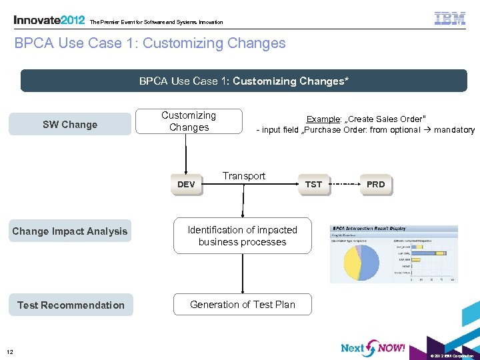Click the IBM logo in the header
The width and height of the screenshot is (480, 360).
tap(450, 19)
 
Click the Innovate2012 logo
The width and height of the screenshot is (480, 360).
tap(49, 20)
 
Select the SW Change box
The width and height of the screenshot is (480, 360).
tap(70, 125)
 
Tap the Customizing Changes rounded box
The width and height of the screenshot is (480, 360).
tap(189, 121)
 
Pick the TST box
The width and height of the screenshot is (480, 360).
tap(313, 184)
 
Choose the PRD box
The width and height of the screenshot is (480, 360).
tap(376, 184)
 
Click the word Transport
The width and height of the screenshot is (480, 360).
tap(244, 176)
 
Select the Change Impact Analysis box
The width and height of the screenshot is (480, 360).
tap(70, 231)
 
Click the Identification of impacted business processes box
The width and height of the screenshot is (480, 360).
tap(243, 236)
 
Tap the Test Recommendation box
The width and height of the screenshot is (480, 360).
tap(71, 305)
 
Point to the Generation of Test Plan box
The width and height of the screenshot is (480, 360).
tap(243, 305)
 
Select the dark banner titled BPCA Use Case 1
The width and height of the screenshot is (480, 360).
tap(243, 81)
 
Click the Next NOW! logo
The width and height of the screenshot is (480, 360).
tap(373, 348)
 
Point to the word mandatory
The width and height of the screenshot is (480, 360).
tap(454, 130)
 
